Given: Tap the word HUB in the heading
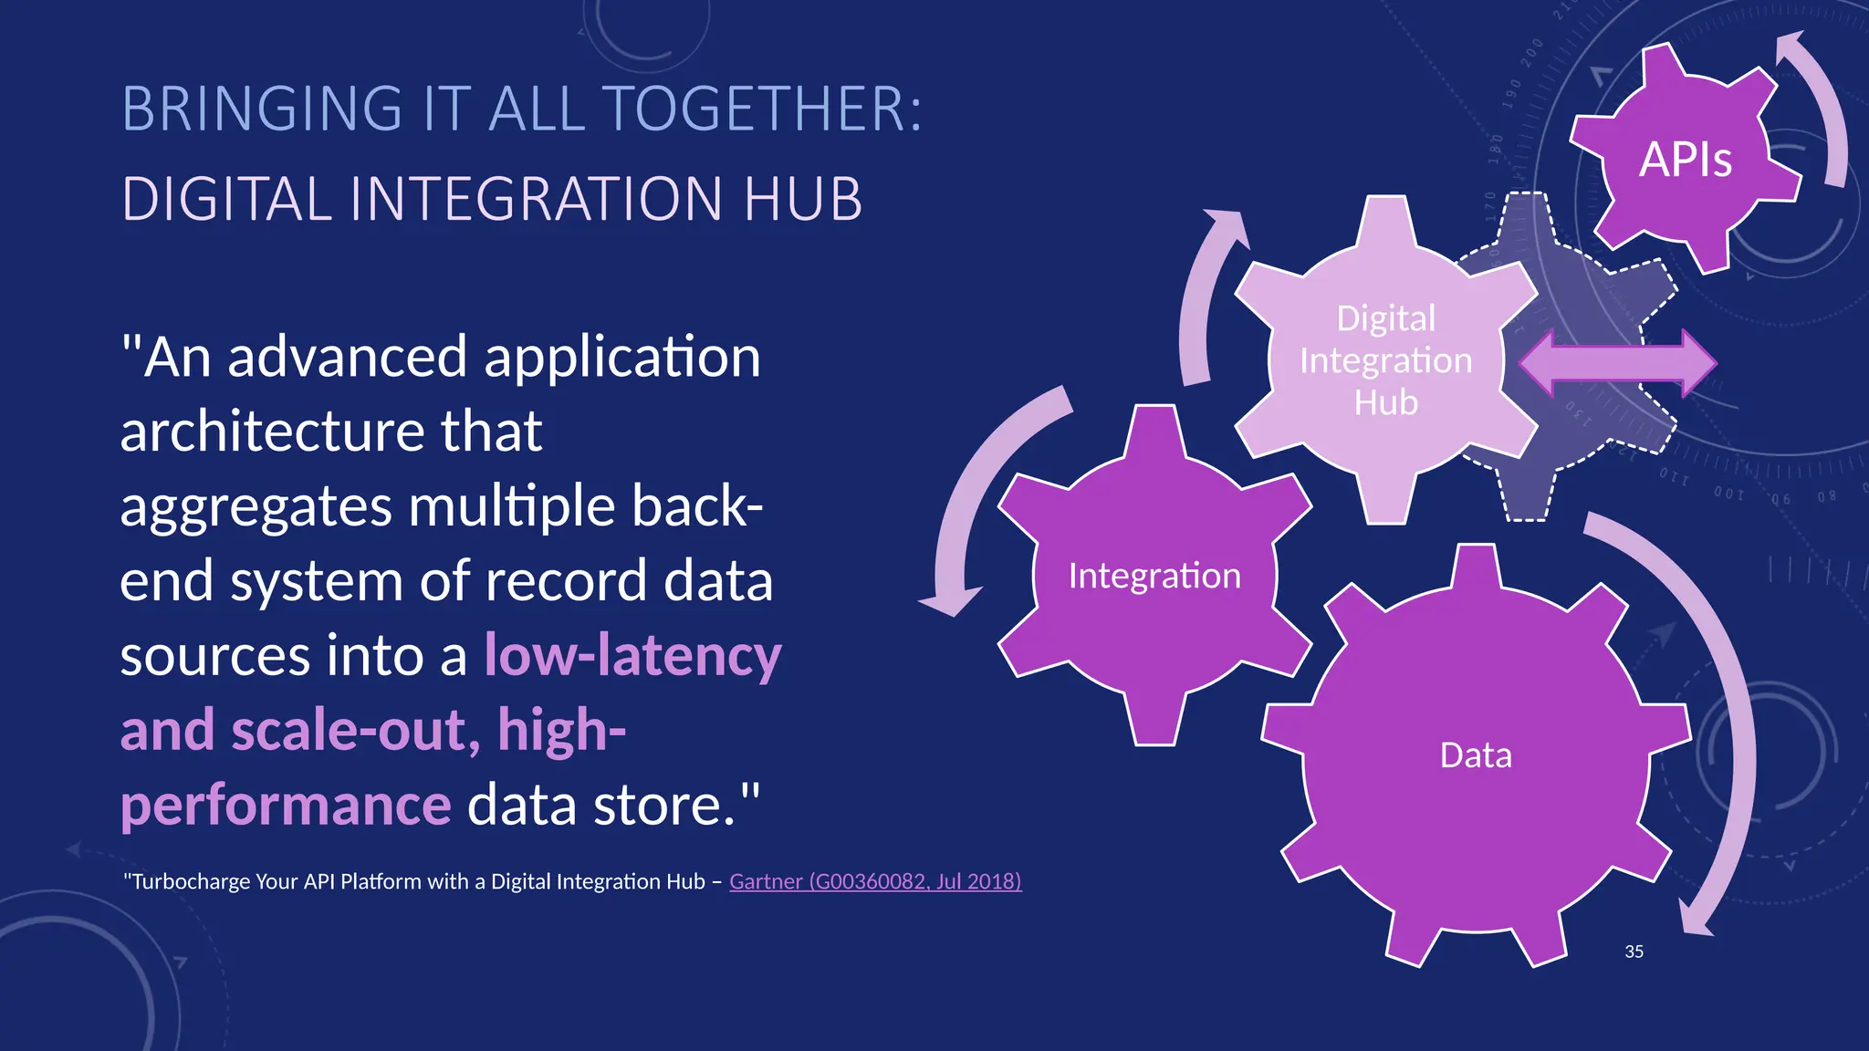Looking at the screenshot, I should (802, 199).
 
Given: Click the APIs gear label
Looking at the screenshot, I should (1685, 160).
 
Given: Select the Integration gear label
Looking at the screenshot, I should (1154, 576).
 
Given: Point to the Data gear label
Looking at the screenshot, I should (1476, 755).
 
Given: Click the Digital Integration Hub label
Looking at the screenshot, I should (1385, 360).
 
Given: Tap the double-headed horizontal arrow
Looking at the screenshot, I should (1617, 363).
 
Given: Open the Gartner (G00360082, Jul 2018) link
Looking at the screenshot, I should (875, 881).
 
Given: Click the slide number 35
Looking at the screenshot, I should (1634, 952).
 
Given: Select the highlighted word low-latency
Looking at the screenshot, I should (632, 655).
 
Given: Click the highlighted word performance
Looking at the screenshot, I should (286, 805).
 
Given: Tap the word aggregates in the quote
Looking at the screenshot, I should (256, 507).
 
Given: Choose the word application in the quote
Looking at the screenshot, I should (621, 358).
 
